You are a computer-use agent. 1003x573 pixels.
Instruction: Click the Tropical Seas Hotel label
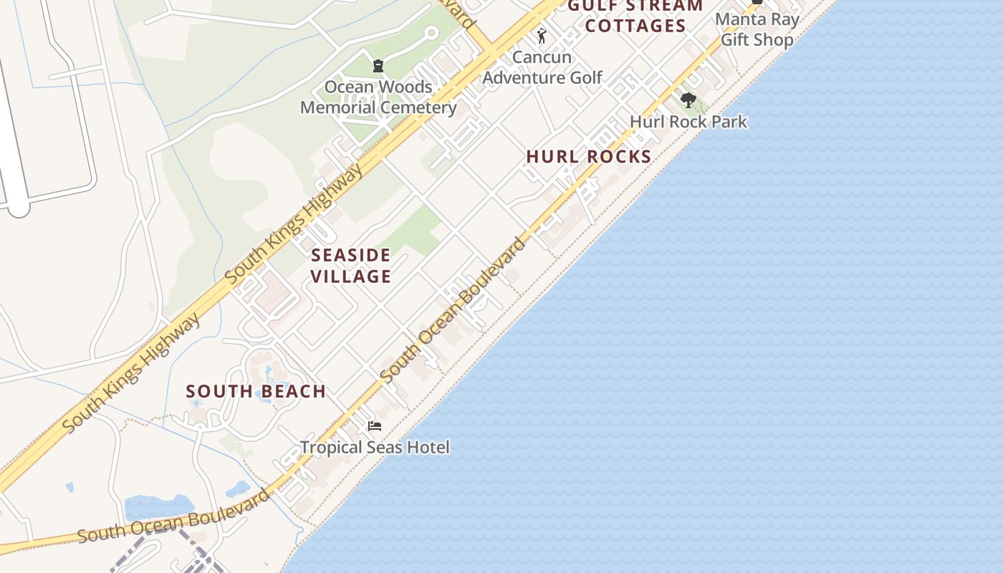[x=375, y=448]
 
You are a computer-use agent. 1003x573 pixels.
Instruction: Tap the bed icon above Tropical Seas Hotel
[x=374, y=426]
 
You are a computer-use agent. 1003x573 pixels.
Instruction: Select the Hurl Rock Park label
[x=688, y=122]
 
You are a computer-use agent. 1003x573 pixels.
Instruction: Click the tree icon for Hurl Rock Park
[x=688, y=100]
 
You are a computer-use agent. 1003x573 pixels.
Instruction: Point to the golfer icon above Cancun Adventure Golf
[x=542, y=36]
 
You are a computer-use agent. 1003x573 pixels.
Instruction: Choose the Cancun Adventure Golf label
[x=542, y=67]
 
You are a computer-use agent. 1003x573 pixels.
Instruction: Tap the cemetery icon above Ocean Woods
[x=378, y=66]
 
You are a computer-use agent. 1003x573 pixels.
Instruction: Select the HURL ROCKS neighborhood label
[x=588, y=157]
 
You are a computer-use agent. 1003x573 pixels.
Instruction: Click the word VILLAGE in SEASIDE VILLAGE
[x=351, y=276]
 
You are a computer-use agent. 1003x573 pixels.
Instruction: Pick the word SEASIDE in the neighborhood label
[x=351, y=256]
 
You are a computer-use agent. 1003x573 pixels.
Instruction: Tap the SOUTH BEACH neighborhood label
[x=256, y=392]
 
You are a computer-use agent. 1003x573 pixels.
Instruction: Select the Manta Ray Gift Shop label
[x=757, y=29]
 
